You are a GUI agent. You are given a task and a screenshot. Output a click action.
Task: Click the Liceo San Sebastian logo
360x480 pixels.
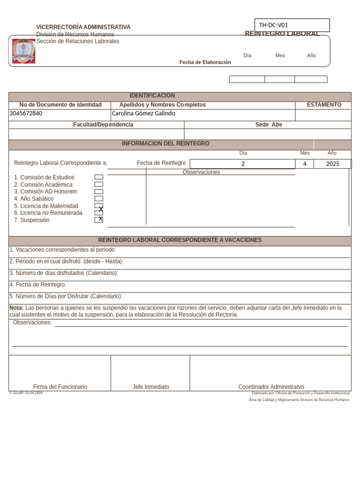tap(23, 51)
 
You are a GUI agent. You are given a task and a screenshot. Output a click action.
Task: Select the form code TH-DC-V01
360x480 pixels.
tap(274, 25)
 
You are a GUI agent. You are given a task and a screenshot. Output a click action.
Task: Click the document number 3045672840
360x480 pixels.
tap(26, 113)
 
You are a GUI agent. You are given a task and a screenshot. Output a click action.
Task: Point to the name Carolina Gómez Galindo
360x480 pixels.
tap(143, 113)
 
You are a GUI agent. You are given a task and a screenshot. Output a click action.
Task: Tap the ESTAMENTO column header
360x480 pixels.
tap(324, 105)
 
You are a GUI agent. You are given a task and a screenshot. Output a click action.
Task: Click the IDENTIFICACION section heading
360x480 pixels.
tap(152, 96)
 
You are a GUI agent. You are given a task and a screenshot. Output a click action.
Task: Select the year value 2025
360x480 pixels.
tap(332, 164)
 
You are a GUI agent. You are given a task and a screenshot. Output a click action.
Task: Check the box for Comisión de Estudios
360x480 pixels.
tap(98, 177)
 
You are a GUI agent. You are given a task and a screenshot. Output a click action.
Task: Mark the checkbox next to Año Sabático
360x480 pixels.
tap(98, 199)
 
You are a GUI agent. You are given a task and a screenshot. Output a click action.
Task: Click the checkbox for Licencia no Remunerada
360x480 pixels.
tap(98, 213)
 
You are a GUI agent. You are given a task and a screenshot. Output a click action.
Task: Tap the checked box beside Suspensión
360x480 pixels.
tap(98, 220)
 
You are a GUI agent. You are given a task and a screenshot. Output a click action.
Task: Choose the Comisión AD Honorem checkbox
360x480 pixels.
tap(98, 192)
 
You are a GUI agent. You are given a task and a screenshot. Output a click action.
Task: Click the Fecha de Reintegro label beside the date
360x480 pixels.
tap(161, 163)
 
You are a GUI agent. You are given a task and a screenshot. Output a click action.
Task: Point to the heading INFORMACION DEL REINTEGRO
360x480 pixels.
tap(165, 143)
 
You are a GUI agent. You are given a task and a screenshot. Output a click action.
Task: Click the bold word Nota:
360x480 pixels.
tap(16, 308)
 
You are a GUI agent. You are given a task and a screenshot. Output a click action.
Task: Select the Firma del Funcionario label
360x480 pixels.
tap(60, 387)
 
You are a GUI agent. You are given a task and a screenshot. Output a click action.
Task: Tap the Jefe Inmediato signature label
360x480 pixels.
tap(151, 387)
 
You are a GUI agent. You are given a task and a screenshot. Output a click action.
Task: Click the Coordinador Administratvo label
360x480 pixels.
tap(271, 387)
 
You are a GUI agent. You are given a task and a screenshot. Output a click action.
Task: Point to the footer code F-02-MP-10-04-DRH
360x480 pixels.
tap(26, 393)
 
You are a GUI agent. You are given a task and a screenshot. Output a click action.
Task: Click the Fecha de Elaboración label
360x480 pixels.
tap(205, 62)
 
